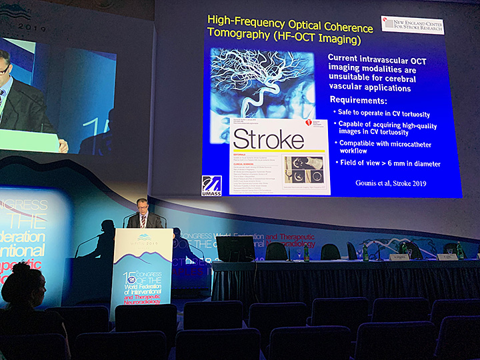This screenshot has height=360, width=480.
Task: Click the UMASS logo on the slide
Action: (211, 185)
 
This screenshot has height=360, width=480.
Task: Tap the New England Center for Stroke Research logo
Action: (412, 25)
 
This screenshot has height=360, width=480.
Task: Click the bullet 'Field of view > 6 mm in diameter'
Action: (389, 163)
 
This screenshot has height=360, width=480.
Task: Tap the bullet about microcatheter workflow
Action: (387, 147)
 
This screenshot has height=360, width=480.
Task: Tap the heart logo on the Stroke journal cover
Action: (309, 124)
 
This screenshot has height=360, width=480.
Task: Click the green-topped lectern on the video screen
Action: (27, 139)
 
